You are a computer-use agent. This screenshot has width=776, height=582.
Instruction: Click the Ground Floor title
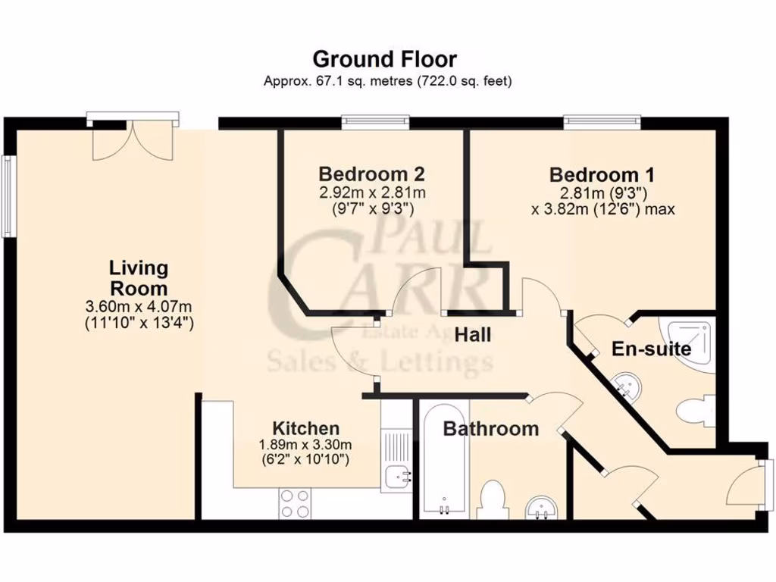(x=385, y=58)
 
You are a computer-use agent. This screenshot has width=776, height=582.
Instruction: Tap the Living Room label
(x=139, y=278)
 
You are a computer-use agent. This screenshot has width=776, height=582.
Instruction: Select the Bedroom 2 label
(x=371, y=173)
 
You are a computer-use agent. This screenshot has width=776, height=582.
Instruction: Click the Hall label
(x=473, y=334)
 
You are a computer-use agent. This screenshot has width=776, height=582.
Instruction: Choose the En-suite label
(x=651, y=349)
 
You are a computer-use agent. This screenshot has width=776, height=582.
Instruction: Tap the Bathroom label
(x=490, y=429)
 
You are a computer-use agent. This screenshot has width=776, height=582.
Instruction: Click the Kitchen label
(x=305, y=428)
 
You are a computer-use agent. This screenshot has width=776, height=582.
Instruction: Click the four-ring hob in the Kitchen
(x=295, y=503)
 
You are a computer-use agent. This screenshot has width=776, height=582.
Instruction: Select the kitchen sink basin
(x=397, y=477)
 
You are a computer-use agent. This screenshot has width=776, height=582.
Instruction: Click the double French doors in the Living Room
(x=133, y=139)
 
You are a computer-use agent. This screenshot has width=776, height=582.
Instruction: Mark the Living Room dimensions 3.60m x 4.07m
(x=139, y=307)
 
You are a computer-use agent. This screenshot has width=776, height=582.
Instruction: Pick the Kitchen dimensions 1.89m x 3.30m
(x=305, y=444)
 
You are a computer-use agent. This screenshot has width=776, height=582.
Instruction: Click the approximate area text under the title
(x=387, y=80)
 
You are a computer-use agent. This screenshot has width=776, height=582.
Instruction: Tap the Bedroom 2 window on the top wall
(x=375, y=120)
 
